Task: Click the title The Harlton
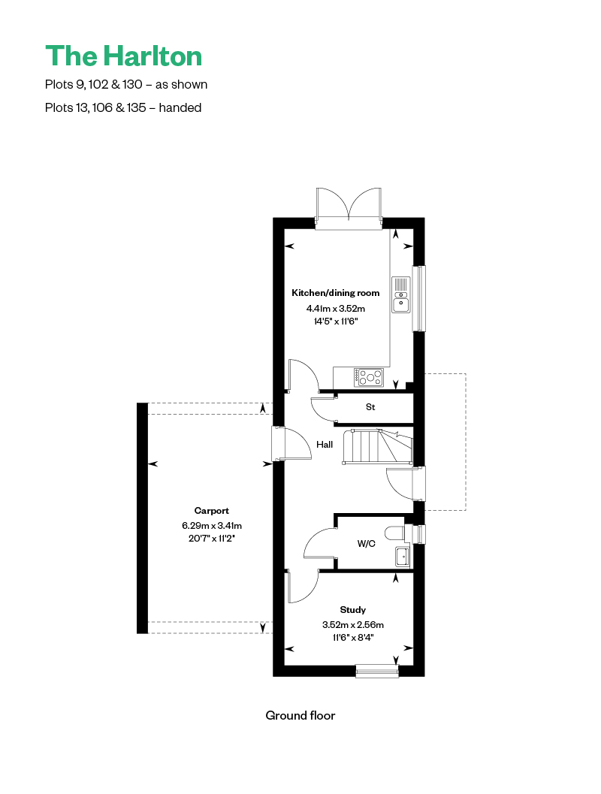click(x=123, y=56)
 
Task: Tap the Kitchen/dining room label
click(x=335, y=293)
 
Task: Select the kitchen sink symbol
click(x=401, y=294)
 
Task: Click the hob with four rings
click(x=369, y=377)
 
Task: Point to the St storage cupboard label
click(x=370, y=406)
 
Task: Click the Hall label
click(x=325, y=445)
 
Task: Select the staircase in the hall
click(x=378, y=446)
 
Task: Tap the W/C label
click(x=366, y=543)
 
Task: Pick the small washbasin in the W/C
click(x=403, y=557)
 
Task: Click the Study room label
click(x=352, y=610)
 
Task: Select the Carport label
click(x=211, y=511)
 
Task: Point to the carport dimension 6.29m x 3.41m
click(x=212, y=526)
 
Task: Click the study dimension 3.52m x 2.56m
click(x=353, y=625)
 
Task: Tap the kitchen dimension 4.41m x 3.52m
click(x=335, y=309)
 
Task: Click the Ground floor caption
click(x=300, y=716)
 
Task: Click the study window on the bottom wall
click(x=377, y=671)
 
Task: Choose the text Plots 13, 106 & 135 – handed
click(x=123, y=108)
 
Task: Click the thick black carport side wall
click(x=142, y=518)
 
